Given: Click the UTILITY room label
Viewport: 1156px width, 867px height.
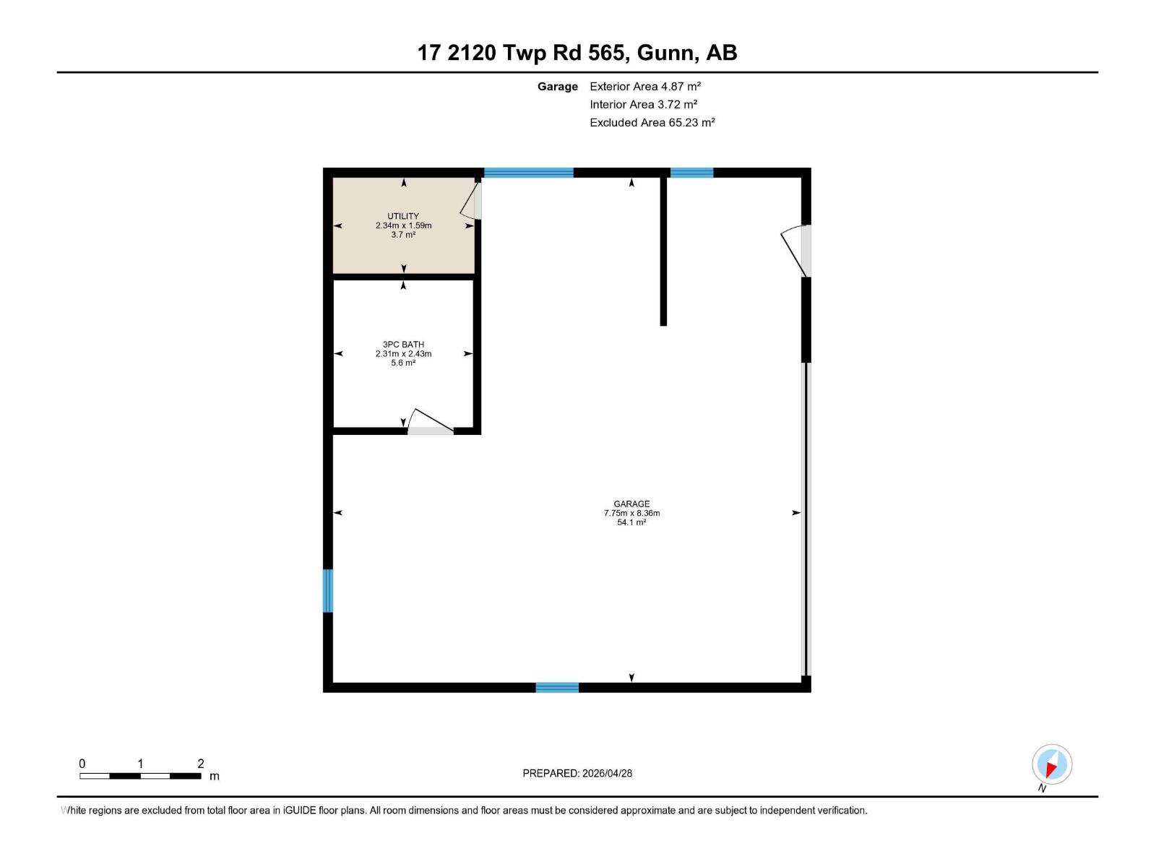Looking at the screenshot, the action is click(403, 216).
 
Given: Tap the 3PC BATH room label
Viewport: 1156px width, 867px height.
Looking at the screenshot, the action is click(403, 345).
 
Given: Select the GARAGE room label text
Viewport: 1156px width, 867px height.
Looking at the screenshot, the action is click(631, 504).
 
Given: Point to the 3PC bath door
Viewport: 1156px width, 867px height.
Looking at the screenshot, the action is click(431, 421).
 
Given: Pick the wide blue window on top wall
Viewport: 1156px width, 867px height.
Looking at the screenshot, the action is click(528, 173).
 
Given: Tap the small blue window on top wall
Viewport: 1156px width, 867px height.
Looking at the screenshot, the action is click(691, 173).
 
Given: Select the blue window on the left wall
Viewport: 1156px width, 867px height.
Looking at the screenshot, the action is click(327, 590).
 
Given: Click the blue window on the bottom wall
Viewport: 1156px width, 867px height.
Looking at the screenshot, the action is click(556, 687).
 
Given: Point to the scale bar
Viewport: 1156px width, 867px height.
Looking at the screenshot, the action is click(140, 775).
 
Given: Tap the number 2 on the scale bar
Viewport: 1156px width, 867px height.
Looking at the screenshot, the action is click(201, 763).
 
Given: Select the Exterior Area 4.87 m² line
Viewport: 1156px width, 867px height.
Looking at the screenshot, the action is click(645, 86).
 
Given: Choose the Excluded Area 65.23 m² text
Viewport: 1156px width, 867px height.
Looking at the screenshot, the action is click(652, 123).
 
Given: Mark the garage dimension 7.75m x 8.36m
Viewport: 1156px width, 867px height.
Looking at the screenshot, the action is click(631, 513).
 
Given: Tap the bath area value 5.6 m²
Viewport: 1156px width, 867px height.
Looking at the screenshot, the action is click(403, 363).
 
